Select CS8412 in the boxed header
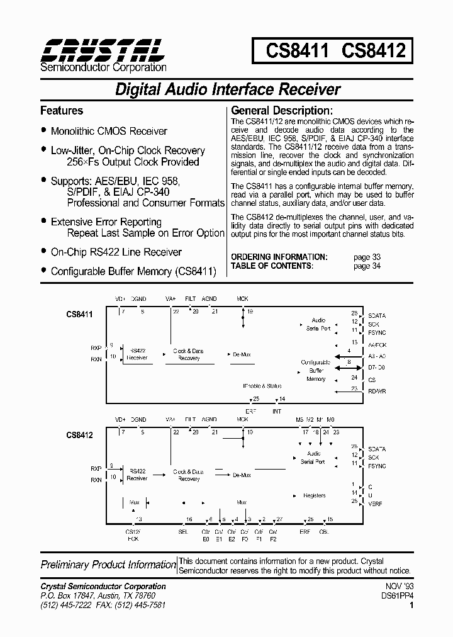[373, 50]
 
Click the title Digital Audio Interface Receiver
[227, 89]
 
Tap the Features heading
[62, 111]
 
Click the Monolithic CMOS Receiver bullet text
[109, 132]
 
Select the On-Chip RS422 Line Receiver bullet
[116, 252]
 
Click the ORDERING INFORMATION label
[279, 257]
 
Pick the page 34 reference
[367, 266]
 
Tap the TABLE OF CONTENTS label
[272, 266]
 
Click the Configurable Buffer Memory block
[316, 371]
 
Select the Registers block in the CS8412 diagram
[314, 495]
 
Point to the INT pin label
[277, 411]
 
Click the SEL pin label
[183, 532]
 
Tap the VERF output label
[376, 504]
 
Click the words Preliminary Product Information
[108, 565]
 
